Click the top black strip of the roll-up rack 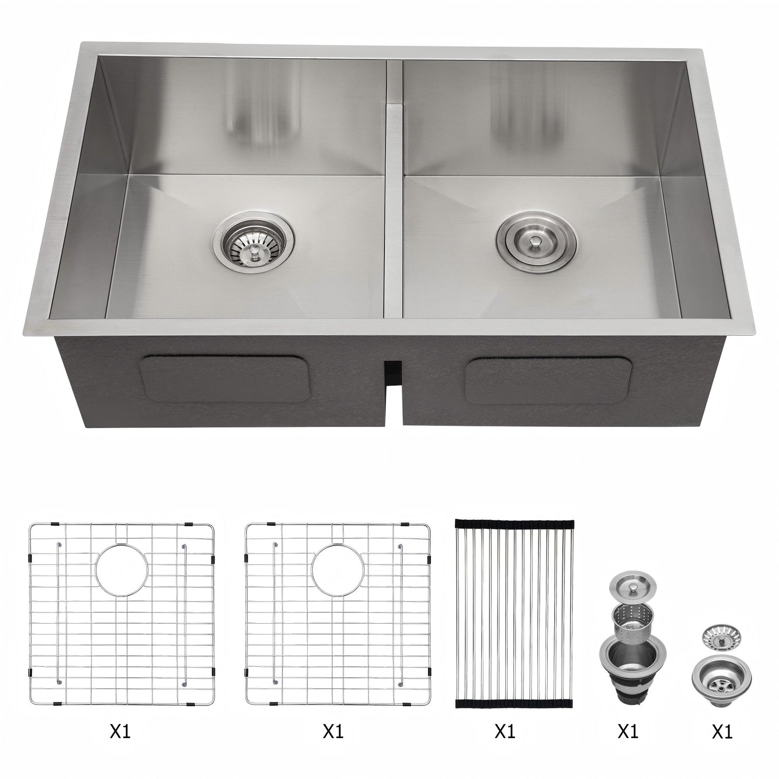click(x=515, y=523)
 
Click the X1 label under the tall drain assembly click(x=628, y=732)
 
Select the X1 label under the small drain click(x=722, y=732)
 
